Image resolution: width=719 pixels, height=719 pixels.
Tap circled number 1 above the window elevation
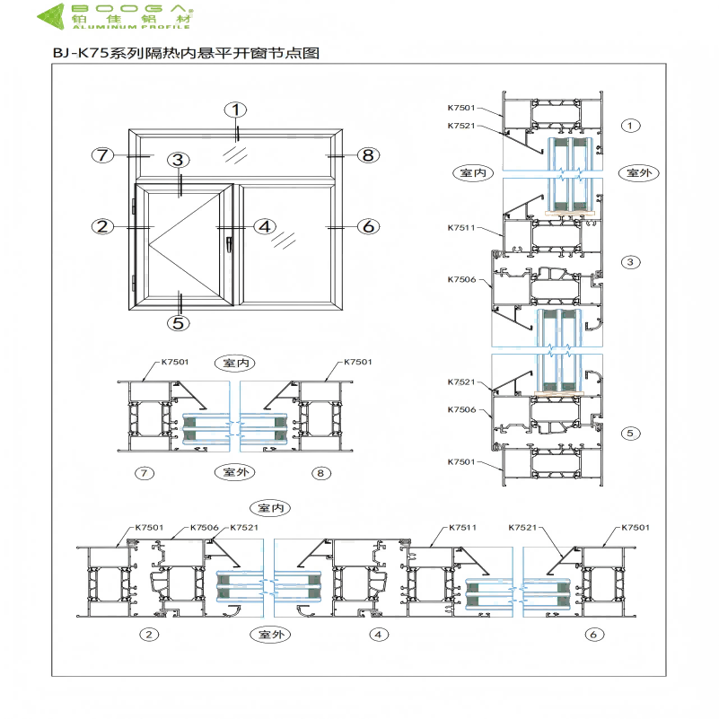point(235,110)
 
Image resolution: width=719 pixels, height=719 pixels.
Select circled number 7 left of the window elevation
point(104,154)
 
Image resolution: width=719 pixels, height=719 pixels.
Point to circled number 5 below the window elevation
point(179,322)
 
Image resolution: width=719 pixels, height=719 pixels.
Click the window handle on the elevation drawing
point(231,242)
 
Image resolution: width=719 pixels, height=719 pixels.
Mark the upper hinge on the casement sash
point(134,206)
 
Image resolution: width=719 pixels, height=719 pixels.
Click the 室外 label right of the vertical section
point(636,172)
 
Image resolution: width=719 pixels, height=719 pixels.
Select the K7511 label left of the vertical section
point(461,228)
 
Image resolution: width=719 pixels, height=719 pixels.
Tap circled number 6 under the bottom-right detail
point(592,634)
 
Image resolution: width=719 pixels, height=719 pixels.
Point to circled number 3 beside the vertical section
point(631,262)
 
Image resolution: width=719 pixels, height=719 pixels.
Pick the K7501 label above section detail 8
point(357,362)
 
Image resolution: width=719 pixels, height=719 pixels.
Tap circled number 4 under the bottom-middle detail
point(380,634)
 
